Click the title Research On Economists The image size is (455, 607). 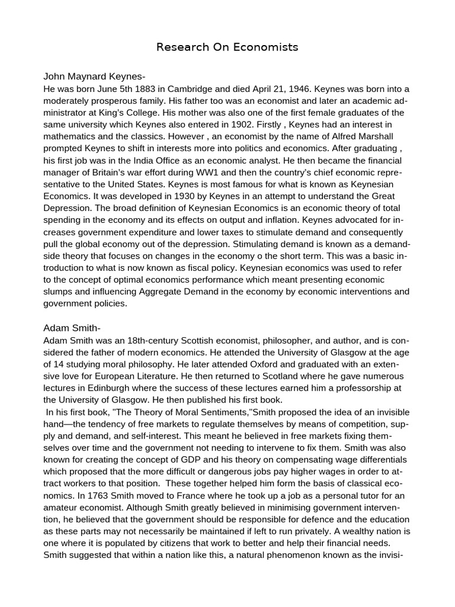[x=227, y=47]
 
